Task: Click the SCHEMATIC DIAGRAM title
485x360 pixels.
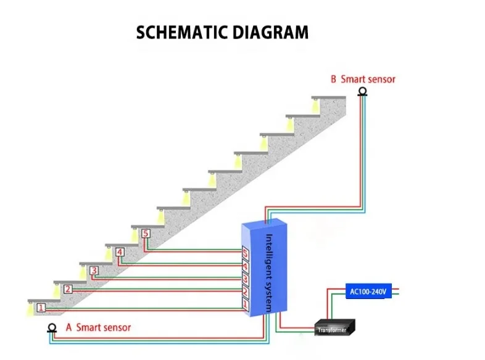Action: pyautogui.click(x=222, y=32)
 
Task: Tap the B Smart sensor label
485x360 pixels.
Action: pyautogui.click(x=363, y=80)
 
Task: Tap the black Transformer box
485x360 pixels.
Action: pyautogui.click(x=333, y=328)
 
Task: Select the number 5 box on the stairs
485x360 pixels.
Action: pyautogui.click(x=146, y=234)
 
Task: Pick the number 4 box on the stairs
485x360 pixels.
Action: pyautogui.click(x=120, y=252)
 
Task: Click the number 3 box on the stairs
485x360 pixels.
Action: pyautogui.click(x=94, y=270)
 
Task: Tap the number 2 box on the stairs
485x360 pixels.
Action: pyautogui.click(x=68, y=288)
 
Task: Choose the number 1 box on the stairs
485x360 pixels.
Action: pyautogui.click(x=41, y=307)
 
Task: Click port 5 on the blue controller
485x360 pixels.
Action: pyautogui.click(x=245, y=253)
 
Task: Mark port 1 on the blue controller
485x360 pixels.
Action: pyautogui.click(x=245, y=305)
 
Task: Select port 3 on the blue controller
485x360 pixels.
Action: pyautogui.click(x=245, y=279)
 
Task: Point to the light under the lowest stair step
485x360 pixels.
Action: pyautogui.click(x=30, y=310)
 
